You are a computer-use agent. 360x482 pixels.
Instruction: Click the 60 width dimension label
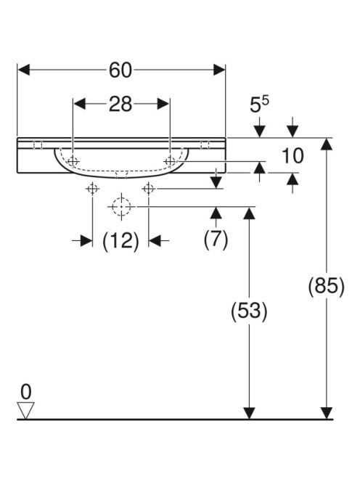pos(120,70)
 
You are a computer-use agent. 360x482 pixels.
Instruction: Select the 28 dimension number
pos(120,104)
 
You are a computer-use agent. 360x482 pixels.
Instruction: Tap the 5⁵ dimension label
pos(259,104)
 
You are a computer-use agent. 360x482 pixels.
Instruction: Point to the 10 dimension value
pos(293,155)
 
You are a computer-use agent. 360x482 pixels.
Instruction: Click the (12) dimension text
pos(120,241)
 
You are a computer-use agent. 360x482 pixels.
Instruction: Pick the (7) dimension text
pos(216,239)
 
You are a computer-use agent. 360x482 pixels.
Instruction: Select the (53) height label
pos(249,311)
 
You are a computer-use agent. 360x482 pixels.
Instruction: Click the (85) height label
pos(326,286)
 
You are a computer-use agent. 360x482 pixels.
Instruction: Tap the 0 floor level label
pos(26,392)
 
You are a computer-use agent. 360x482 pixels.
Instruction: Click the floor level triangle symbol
pos(26,410)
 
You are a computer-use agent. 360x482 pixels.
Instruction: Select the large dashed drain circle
pos(121,207)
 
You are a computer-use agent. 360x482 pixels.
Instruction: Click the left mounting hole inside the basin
pos(73,161)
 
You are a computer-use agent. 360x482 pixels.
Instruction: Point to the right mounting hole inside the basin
pos(170,160)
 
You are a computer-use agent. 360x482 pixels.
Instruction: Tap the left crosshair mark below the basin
pos(92,189)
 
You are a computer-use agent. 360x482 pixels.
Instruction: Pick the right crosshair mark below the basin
pos(149,189)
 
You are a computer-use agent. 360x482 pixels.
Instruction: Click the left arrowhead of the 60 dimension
pos(24,70)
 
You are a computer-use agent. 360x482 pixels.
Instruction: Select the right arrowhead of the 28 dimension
pos(163,104)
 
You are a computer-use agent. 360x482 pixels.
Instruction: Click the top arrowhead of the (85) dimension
pos(326,144)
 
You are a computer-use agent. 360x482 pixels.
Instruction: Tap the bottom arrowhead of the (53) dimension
pos(249,413)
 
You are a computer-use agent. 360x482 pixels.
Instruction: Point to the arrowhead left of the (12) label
pos(86,241)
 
